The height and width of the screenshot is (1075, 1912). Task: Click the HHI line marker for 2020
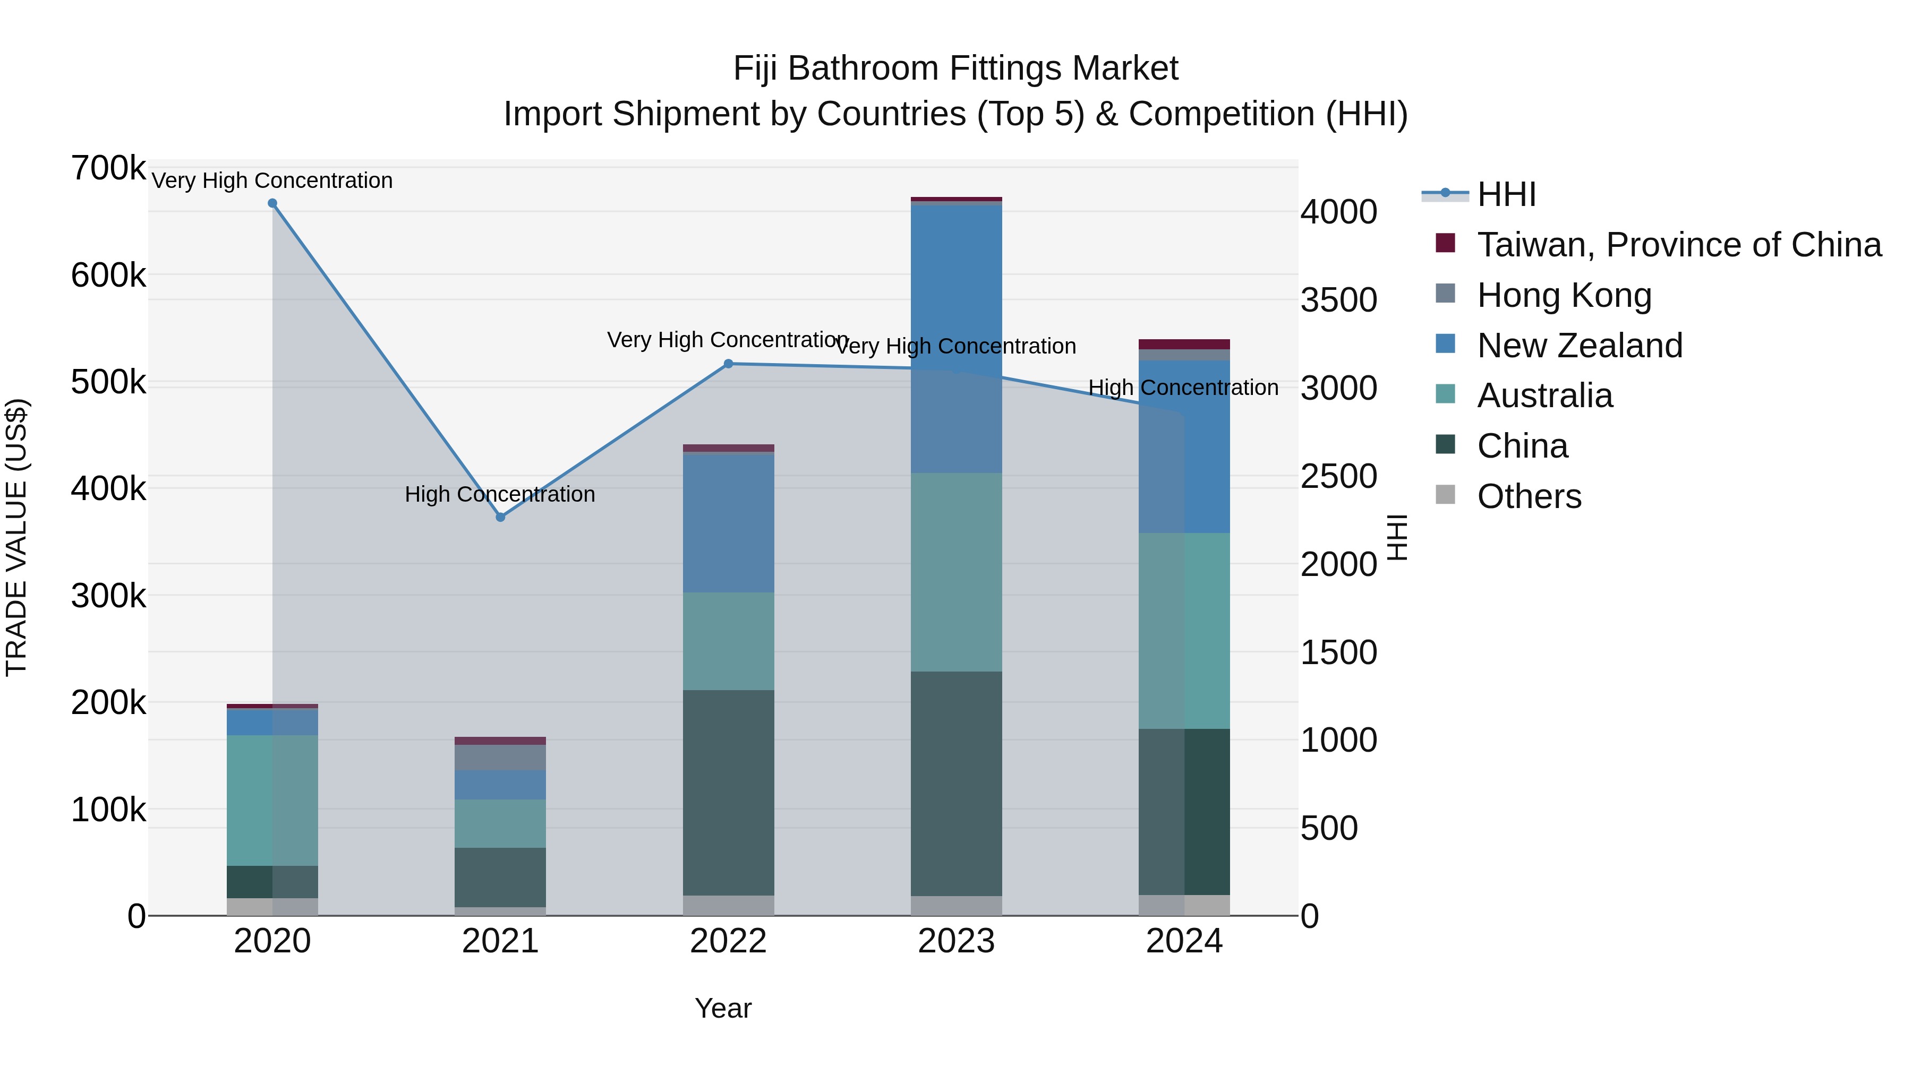click(272, 203)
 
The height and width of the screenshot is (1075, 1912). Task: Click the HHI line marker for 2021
click(500, 517)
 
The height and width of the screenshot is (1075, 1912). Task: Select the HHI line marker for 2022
click(728, 364)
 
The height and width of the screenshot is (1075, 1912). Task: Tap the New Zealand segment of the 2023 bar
click(956, 338)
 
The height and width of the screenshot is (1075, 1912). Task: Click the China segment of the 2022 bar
click(728, 793)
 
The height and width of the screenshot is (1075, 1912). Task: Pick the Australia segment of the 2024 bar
click(1184, 631)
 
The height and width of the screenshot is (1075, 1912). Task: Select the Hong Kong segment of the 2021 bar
click(500, 758)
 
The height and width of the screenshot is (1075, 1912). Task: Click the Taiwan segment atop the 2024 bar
click(1184, 344)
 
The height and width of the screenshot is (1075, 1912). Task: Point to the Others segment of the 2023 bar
click(956, 906)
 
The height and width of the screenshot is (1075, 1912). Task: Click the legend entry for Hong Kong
click(1564, 295)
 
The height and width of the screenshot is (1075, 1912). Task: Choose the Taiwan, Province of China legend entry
click(1679, 245)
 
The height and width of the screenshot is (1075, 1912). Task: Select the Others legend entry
click(1529, 496)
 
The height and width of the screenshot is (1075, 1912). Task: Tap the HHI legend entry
click(1506, 194)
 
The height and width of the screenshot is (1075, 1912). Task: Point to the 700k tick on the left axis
click(108, 168)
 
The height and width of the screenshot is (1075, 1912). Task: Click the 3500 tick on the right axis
click(1338, 300)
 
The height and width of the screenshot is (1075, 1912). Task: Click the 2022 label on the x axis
click(728, 941)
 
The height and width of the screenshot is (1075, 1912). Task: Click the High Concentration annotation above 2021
click(500, 494)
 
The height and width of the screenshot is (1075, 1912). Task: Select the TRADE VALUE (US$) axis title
click(16, 537)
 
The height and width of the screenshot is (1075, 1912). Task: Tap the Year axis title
click(723, 1008)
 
